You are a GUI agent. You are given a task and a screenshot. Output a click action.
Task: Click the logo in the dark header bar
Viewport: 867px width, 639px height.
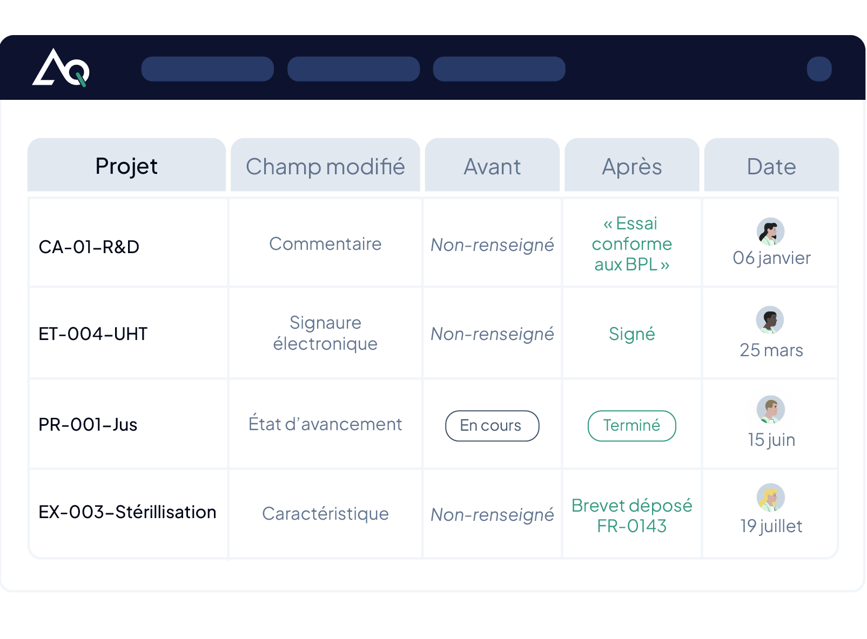(61, 67)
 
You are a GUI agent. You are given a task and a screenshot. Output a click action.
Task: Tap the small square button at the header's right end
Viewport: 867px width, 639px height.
(819, 69)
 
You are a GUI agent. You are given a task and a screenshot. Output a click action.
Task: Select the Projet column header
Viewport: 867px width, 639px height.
(126, 166)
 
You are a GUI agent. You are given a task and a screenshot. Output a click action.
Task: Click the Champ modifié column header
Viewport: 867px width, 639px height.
(325, 166)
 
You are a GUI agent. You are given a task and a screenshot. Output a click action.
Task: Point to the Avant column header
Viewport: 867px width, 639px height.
(492, 166)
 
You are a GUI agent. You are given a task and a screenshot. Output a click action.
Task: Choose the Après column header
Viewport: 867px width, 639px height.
(631, 166)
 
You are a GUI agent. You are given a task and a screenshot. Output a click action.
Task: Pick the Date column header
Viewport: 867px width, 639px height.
(771, 166)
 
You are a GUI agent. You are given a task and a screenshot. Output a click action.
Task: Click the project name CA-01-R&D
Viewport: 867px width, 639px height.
(89, 247)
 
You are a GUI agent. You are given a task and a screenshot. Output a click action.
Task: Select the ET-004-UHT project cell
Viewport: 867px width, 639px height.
(93, 334)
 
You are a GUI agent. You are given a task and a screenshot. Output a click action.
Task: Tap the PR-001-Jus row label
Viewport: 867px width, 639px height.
(88, 424)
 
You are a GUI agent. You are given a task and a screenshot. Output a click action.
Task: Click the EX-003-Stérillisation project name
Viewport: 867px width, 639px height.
(127, 512)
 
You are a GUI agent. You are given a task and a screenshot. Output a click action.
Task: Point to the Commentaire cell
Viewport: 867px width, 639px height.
(325, 244)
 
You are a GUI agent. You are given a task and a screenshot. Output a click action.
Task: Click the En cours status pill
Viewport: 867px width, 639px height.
(492, 426)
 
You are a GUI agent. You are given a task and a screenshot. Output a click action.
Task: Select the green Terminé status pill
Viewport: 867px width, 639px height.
(631, 426)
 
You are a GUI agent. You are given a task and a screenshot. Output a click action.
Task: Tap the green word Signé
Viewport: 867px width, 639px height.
(631, 334)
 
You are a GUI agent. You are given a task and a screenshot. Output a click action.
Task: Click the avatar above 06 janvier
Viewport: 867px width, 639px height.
(771, 232)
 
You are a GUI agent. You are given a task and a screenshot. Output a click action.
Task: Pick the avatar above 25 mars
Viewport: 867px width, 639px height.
(770, 320)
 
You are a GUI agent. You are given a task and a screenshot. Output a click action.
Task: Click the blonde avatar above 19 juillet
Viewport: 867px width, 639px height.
(771, 498)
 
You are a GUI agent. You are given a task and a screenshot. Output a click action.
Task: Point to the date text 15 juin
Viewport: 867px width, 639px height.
(771, 440)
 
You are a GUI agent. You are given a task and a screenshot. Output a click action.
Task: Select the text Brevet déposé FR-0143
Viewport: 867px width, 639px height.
(631, 515)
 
